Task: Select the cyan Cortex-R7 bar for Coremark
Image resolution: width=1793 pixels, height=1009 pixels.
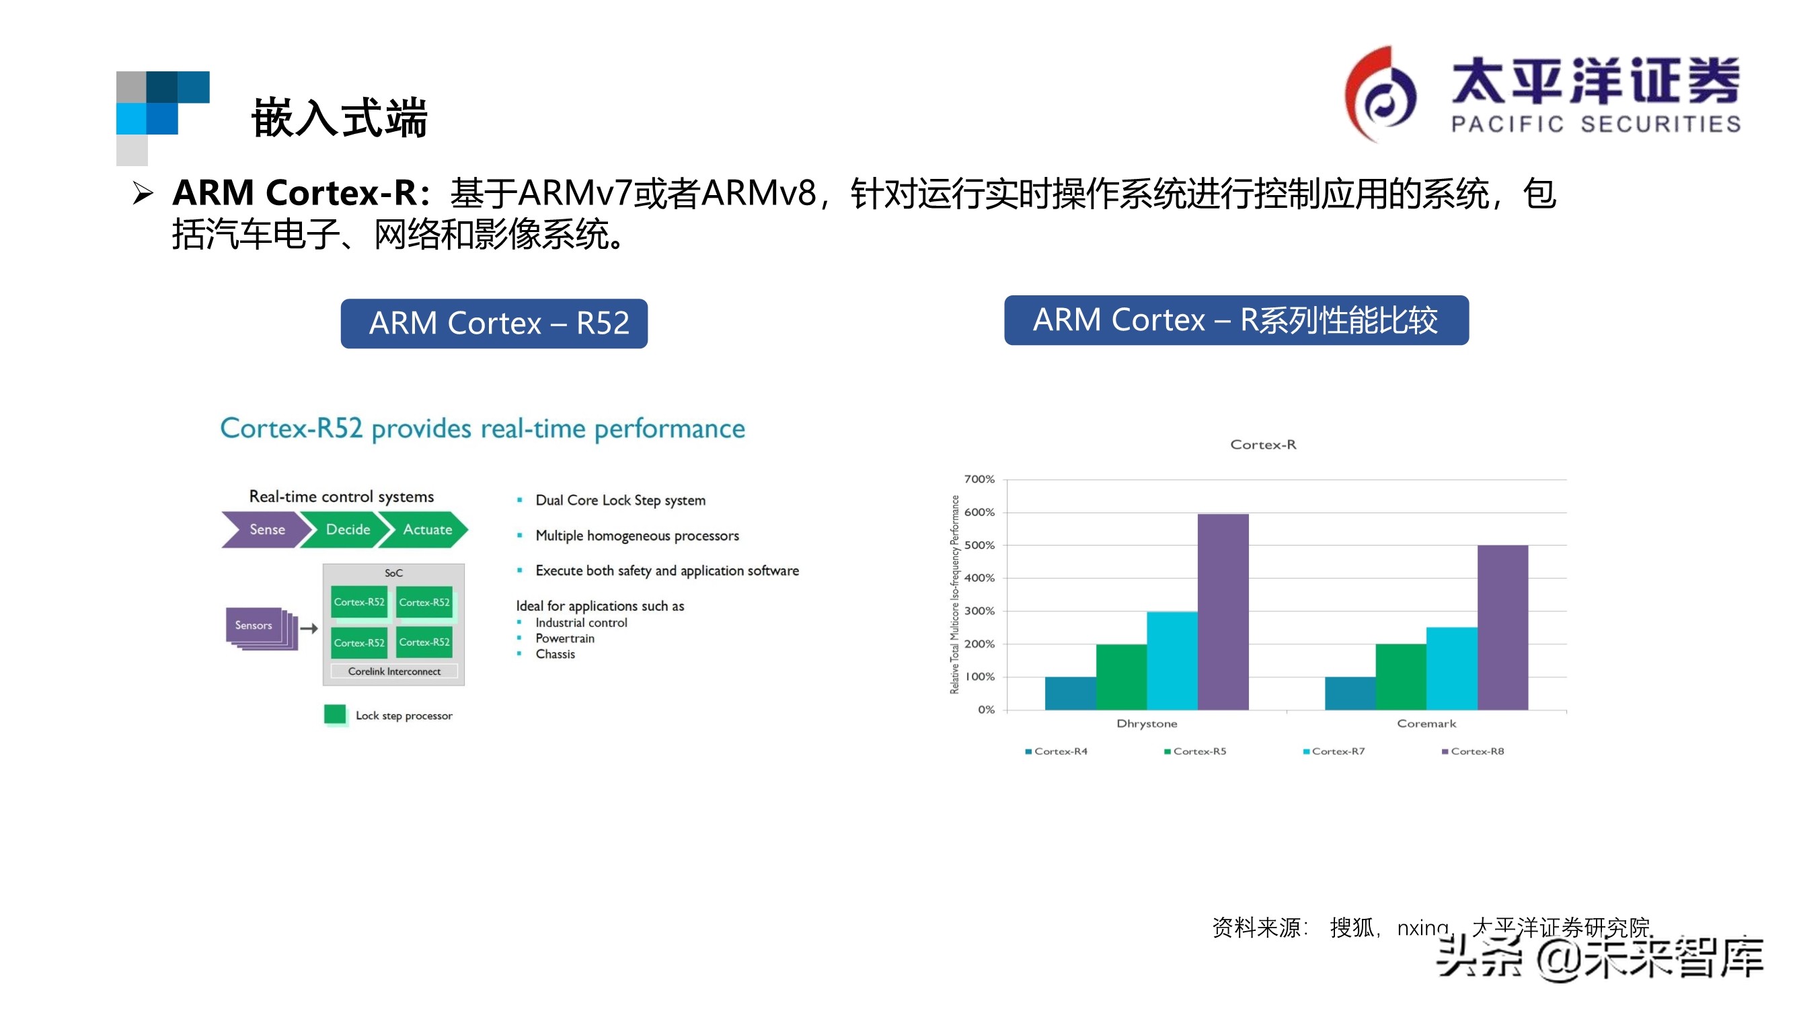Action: [1451, 668]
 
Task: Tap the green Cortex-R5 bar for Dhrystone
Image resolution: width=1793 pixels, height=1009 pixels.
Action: [1120, 676]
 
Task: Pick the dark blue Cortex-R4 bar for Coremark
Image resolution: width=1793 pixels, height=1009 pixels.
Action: [1350, 693]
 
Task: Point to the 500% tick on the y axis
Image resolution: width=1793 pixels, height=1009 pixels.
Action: [979, 546]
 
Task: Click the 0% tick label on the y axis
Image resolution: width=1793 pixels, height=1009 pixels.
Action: [985, 710]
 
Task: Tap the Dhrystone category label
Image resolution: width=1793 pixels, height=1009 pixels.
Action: [1147, 724]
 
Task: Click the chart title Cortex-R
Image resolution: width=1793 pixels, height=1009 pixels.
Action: [1262, 444]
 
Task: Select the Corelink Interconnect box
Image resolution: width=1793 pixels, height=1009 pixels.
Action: [394, 671]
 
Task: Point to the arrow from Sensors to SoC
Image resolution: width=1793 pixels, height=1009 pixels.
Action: [309, 628]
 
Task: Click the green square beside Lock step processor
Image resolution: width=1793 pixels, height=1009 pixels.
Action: [335, 714]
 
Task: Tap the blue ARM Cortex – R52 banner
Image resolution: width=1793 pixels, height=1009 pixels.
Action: [494, 323]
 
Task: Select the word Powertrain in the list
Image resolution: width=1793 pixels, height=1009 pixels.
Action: [564, 638]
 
